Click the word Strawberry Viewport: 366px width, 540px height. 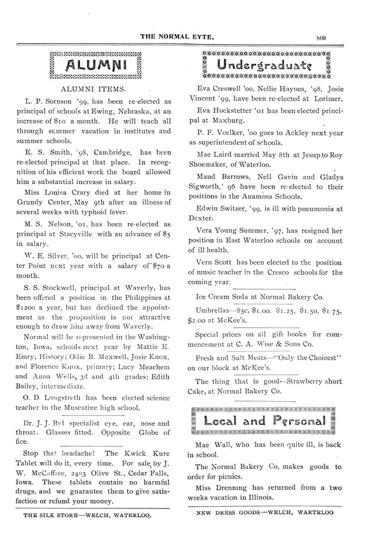coord(300,381)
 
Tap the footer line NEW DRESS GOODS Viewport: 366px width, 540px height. coord(265,513)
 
